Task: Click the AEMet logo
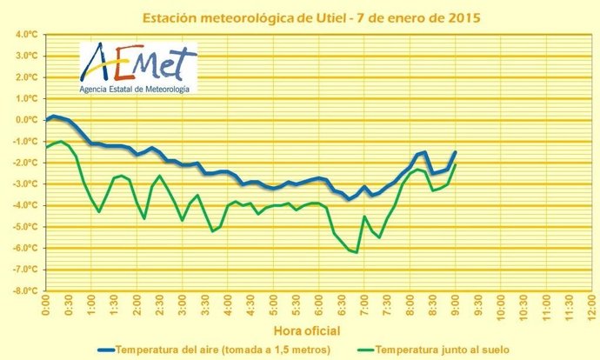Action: pos(137,63)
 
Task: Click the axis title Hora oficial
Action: pos(307,330)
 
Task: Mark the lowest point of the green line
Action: pos(357,252)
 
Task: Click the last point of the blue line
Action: pos(455,152)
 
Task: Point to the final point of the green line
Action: pos(455,165)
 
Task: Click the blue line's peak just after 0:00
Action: pos(53,116)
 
